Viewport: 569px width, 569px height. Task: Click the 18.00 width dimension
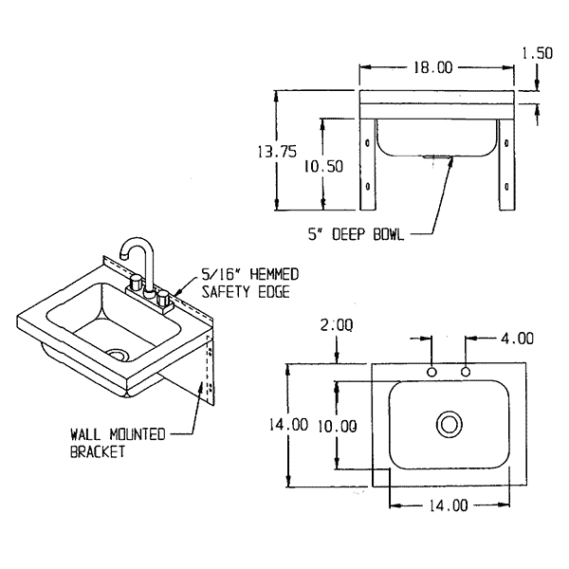[433, 67]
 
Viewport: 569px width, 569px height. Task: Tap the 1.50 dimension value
[537, 53]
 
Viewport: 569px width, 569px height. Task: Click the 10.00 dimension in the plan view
[338, 426]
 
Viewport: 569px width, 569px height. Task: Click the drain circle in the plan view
[449, 422]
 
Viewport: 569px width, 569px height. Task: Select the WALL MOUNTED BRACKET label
[118, 443]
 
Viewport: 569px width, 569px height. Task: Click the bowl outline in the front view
[435, 142]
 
